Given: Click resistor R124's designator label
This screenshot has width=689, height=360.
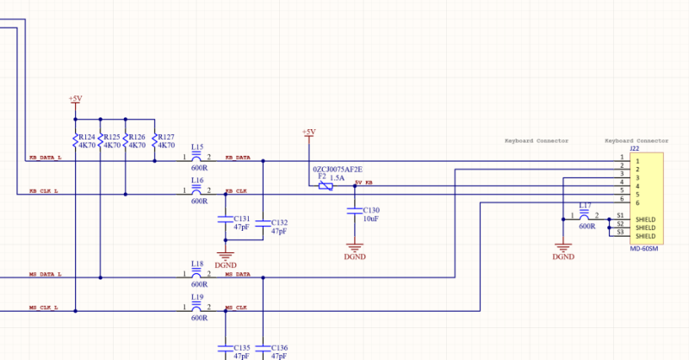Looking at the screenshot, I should tap(87, 137).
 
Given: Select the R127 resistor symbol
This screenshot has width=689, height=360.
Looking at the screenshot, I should tap(154, 141).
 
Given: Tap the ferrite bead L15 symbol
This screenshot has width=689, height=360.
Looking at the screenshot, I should tap(197, 158).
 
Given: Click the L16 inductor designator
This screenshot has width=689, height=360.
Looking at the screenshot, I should tap(197, 181).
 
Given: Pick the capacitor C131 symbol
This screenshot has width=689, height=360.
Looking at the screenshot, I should tap(226, 220).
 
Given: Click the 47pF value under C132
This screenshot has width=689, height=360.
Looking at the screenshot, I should tap(279, 232).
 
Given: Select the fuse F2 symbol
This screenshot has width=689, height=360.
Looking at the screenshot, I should tap(325, 185).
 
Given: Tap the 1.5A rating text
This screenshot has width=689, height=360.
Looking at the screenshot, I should tap(338, 177).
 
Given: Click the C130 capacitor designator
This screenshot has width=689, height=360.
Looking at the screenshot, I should tap(371, 210).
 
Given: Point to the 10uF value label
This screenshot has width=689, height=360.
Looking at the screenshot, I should tap(371, 220).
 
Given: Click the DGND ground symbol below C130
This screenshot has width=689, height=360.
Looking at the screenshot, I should tap(354, 248).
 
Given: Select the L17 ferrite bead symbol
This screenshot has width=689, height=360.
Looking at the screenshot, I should tap(585, 216).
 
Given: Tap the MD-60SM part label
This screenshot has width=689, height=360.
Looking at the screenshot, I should tap(644, 248).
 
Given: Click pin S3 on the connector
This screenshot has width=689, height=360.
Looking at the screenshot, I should tap(620, 232).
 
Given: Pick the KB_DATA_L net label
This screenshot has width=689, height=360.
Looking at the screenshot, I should tap(45, 158).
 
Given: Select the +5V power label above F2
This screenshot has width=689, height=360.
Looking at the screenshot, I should tap(308, 132).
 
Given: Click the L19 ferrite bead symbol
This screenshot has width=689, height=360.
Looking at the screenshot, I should tap(197, 307).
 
